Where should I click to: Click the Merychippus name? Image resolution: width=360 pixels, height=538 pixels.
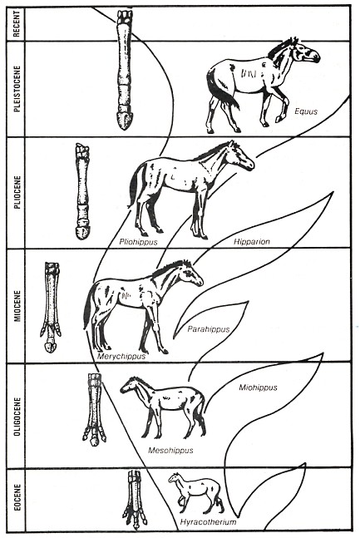pyautogui.click(x=121, y=355)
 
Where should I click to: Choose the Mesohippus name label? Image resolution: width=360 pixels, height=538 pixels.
pyautogui.click(x=170, y=450)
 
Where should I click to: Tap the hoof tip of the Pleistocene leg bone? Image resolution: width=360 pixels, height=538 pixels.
pyautogui.click(x=125, y=125)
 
